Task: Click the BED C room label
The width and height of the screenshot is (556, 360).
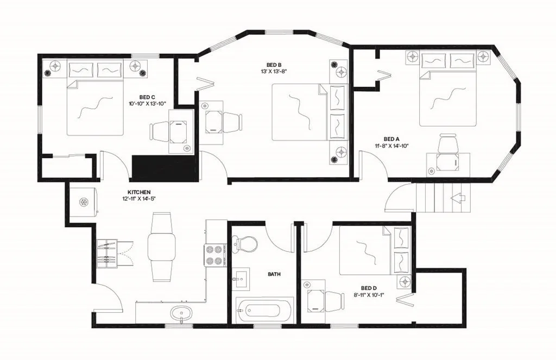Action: tap(147, 97)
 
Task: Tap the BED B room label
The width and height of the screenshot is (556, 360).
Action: tap(274, 65)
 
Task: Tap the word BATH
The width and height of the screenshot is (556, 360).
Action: tap(274, 274)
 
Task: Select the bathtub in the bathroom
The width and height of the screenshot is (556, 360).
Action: tap(265, 311)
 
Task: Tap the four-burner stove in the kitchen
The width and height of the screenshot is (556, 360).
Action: tap(215, 255)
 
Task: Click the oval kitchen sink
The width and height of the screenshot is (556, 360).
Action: tap(182, 313)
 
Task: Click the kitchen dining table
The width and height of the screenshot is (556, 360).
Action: tap(161, 247)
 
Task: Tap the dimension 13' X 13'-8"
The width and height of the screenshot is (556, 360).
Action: tap(274, 71)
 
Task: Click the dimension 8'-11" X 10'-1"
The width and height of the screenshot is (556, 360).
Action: tap(369, 294)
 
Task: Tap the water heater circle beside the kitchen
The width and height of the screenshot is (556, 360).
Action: tap(84, 202)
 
